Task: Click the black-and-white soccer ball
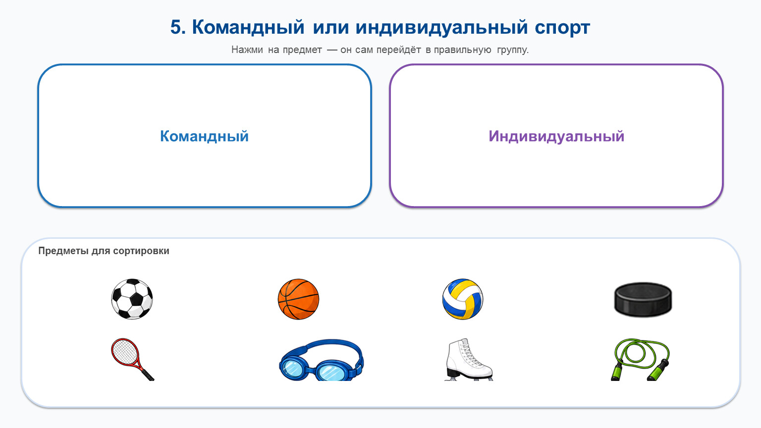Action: [132, 299]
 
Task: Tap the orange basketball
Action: [298, 299]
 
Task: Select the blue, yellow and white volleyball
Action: [463, 299]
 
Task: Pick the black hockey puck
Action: [643, 299]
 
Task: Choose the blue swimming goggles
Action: [321, 360]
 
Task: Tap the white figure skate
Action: [469, 359]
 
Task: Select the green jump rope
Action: [640, 359]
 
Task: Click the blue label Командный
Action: [205, 136]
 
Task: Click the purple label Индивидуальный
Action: [556, 136]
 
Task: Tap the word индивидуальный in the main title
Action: [441, 27]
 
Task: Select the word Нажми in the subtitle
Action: [247, 50]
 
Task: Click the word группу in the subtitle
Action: [513, 50]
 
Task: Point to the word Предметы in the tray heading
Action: [63, 251]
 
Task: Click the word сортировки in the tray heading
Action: [141, 251]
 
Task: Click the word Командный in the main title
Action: [248, 27]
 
